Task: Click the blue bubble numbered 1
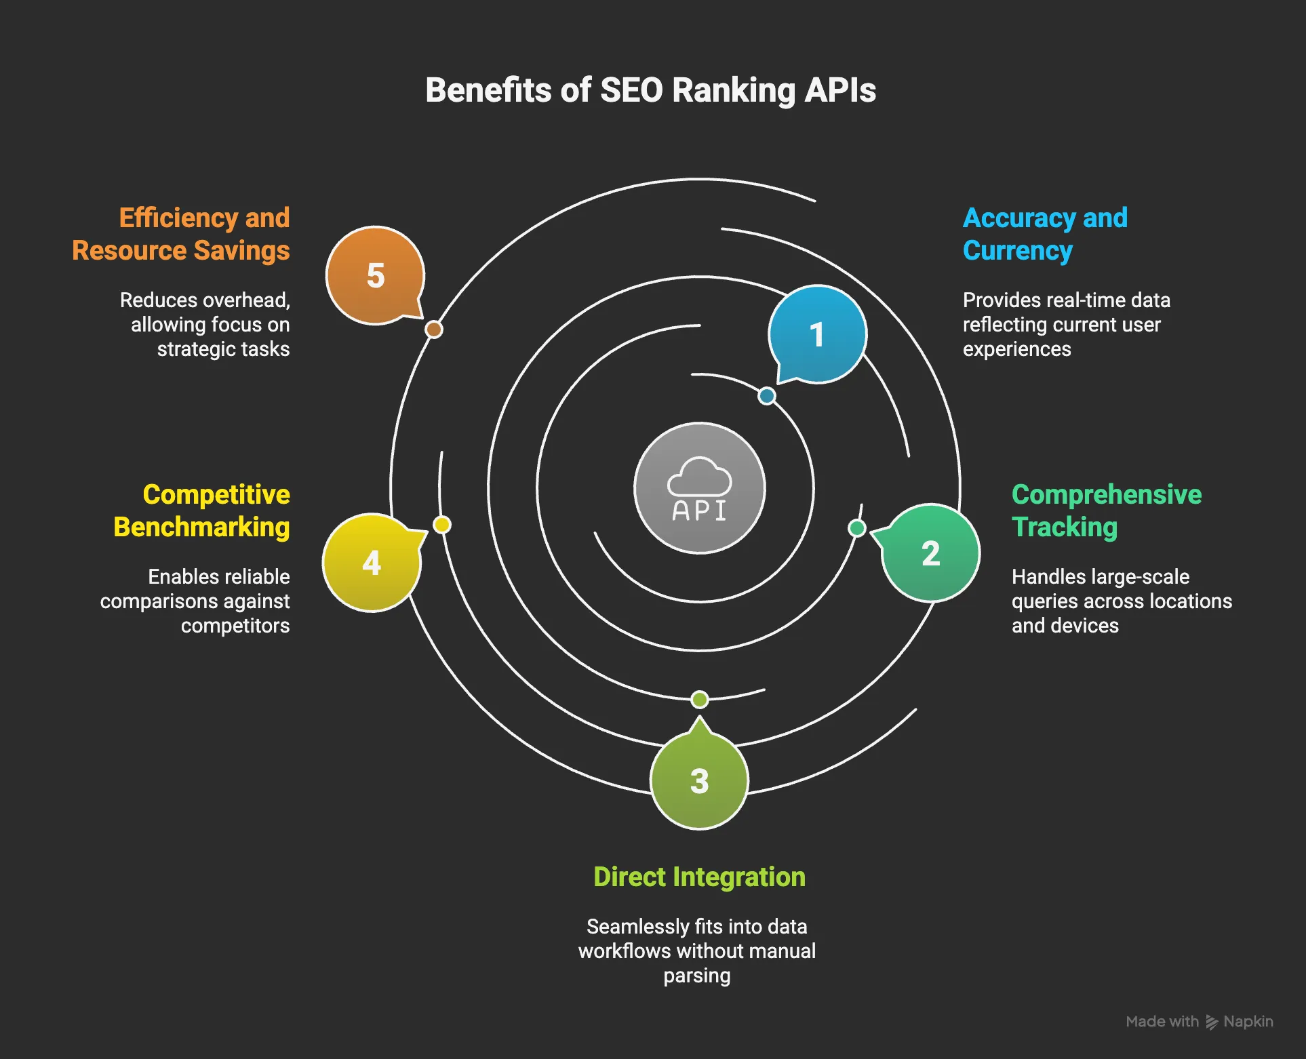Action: tap(817, 334)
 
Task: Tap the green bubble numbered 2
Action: tap(930, 553)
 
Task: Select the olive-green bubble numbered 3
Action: tap(699, 781)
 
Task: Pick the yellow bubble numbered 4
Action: tap(372, 563)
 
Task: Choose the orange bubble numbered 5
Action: tap(375, 275)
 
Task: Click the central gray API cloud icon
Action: tap(699, 488)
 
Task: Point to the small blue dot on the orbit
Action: tap(766, 396)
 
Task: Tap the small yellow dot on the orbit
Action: tap(442, 525)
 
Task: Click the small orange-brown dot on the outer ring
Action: tap(434, 329)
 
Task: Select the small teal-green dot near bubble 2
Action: tap(857, 528)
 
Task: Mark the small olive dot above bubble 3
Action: tap(699, 699)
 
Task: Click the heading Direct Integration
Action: tap(699, 877)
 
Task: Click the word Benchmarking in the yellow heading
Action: tap(201, 527)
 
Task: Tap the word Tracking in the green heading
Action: tap(1064, 527)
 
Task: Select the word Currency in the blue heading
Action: tap(1017, 250)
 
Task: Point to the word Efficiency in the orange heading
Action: tap(178, 218)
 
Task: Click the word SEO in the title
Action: tap(631, 90)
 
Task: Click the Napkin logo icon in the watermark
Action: tap(1212, 1022)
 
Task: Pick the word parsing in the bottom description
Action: tap(696, 976)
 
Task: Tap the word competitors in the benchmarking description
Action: tap(235, 625)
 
